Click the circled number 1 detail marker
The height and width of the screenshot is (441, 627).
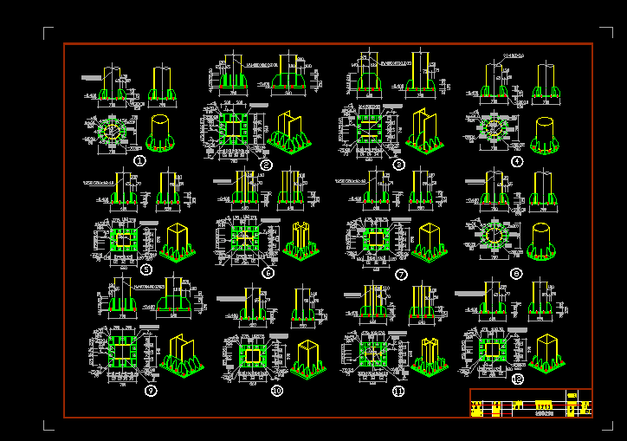click(x=139, y=160)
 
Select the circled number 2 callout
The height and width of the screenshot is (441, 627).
click(x=266, y=165)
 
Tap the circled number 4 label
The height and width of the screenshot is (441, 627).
click(x=517, y=161)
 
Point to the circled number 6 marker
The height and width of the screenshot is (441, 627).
click(x=268, y=273)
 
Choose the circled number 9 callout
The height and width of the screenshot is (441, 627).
click(x=151, y=391)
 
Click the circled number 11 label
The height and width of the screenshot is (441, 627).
click(x=398, y=391)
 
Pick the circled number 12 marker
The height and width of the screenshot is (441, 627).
click(x=518, y=379)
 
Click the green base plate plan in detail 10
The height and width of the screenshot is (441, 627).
click(x=252, y=356)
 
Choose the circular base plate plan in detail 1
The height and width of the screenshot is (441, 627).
click(x=113, y=131)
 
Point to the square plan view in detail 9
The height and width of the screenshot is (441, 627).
click(x=120, y=352)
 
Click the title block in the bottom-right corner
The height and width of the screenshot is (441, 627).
click(x=531, y=403)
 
